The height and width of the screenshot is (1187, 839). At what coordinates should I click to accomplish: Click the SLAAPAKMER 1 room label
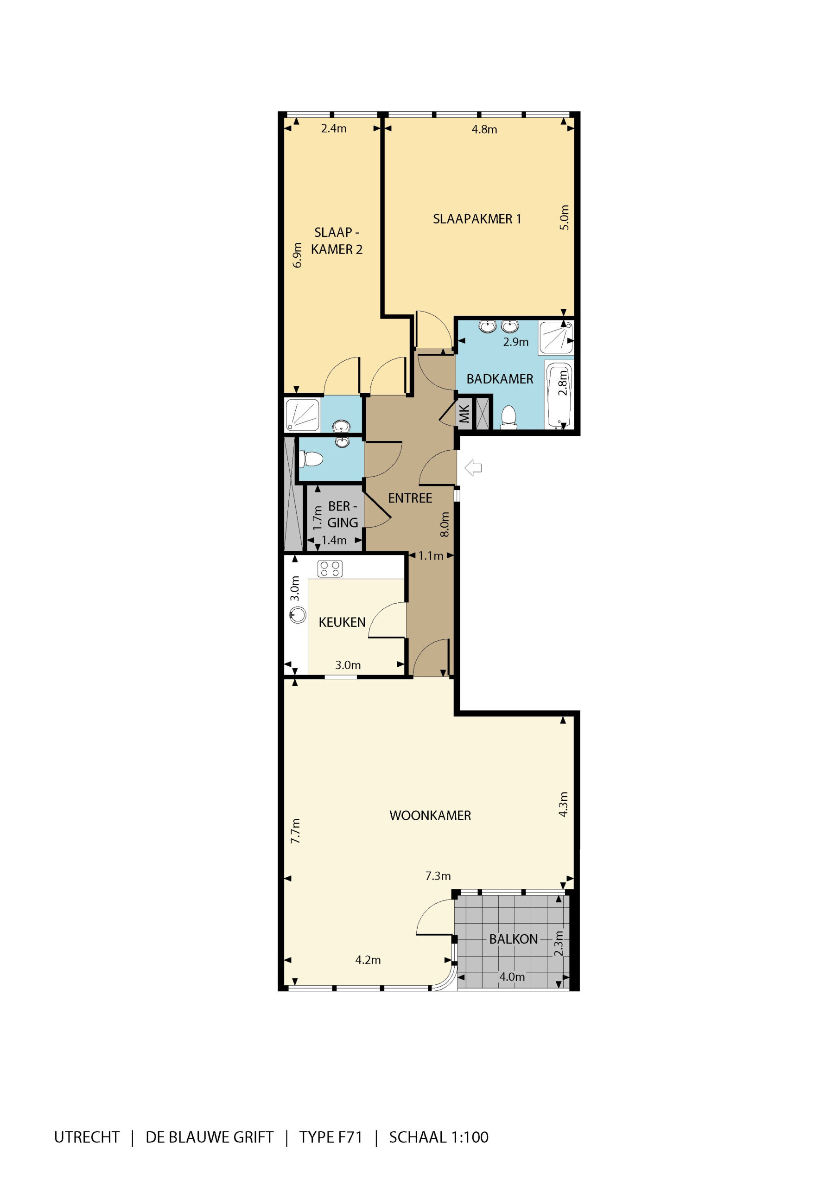click(x=477, y=219)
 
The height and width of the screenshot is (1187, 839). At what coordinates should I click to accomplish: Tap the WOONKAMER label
click(x=430, y=815)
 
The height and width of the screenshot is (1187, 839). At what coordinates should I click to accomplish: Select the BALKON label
click(x=513, y=939)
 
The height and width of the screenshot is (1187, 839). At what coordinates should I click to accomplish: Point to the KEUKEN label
click(x=342, y=622)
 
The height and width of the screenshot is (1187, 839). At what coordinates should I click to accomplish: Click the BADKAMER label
click(x=499, y=379)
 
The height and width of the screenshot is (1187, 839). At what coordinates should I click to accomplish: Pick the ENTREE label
click(x=410, y=498)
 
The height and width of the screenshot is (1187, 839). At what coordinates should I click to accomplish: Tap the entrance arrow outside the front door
click(x=473, y=468)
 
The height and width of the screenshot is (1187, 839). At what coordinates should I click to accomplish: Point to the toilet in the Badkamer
click(x=508, y=417)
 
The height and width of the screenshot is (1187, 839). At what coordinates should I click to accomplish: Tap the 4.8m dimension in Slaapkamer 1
click(x=484, y=129)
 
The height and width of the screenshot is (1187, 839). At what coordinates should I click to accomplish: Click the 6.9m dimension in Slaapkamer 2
click(x=297, y=255)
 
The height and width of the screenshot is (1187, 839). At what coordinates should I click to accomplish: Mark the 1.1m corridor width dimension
click(x=431, y=556)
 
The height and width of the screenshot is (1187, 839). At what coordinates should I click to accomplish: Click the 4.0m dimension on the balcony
click(x=512, y=976)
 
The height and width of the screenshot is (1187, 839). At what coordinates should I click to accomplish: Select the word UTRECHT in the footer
click(x=87, y=1137)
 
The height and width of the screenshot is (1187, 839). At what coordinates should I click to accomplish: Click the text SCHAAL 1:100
click(x=439, y=1137)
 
